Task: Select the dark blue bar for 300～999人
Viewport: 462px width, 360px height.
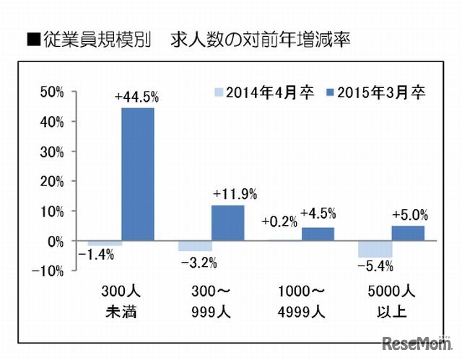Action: point(227,223)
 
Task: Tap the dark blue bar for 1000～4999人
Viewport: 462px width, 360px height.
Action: point(318,234)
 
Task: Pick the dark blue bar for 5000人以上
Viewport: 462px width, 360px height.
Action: point(408,233)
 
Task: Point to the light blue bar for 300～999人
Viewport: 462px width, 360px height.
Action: point(195,246)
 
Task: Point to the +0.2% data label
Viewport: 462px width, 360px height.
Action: point(279,221)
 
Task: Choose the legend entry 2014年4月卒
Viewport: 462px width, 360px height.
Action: point(264,92)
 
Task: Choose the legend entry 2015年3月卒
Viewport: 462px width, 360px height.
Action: point(375,92)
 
